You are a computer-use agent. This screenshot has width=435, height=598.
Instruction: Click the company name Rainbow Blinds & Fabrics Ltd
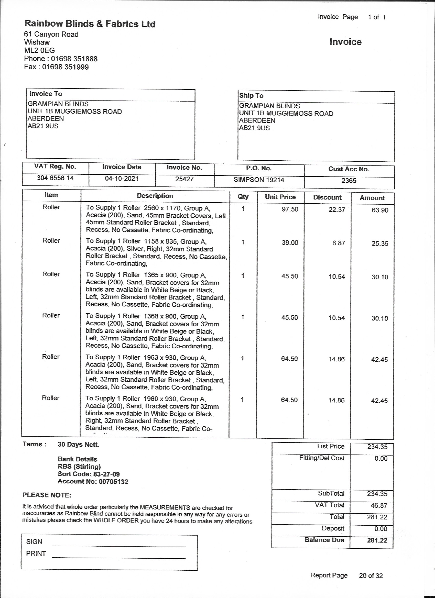[90, 24]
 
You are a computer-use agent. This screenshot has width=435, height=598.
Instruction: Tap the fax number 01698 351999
[66, 67]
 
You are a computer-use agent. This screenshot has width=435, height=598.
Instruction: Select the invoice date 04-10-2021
[122, 179]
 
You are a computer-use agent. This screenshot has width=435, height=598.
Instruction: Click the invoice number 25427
[184, 179]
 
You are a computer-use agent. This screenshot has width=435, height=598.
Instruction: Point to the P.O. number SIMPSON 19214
[259, 180]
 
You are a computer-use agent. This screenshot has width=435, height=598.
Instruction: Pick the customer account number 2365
[349, 181]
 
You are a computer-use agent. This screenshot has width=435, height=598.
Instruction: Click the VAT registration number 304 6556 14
[55, 178]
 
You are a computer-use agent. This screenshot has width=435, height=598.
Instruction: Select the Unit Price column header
[280, 197]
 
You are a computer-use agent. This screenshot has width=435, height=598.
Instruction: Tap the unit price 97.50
[290, 209]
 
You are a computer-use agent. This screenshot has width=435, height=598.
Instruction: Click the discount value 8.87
[339, 243]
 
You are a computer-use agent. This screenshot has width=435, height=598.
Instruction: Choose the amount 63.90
[380, 210]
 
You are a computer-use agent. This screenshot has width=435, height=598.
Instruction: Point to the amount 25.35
[380, 244]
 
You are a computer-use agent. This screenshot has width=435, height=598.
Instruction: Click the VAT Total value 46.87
[379, 505]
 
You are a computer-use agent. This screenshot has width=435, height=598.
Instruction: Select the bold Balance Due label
[324, 540]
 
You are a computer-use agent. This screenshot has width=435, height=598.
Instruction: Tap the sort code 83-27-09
[106, 474]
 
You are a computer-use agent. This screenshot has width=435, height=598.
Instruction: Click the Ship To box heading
[251, 96]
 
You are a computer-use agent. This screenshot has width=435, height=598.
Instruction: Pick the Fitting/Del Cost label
[322, 458]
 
